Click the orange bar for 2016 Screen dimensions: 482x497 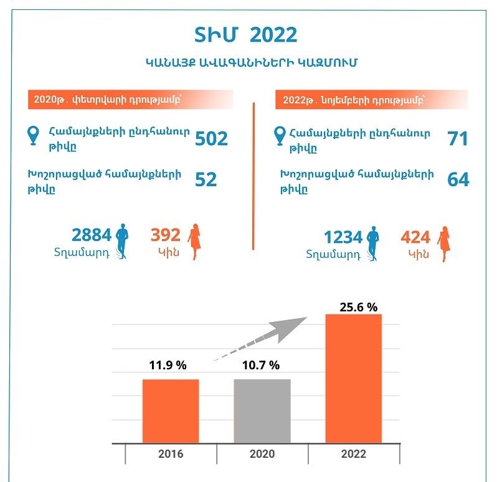(171, 411)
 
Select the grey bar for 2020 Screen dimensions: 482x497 (262, 411)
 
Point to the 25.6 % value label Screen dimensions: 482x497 (358, 307)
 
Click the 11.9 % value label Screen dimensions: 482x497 (168, 366)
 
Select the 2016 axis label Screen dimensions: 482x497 (171, 454)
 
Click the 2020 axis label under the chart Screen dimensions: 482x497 (262, 454)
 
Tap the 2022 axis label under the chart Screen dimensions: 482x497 (354, 454)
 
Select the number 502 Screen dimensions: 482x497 (212, 138)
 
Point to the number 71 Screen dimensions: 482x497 (458, 138)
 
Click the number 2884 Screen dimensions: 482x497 (92, 235)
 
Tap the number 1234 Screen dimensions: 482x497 (343, 237)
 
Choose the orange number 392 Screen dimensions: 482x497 (166, 235)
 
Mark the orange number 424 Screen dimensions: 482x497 (416, 237)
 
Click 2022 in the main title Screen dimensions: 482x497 (273, 35)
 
